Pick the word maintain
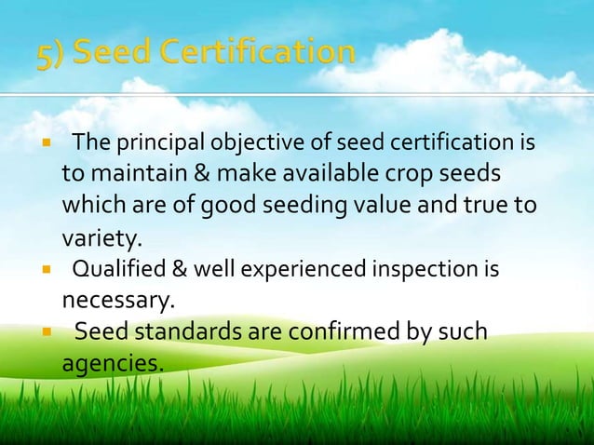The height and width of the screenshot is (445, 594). (130, 174)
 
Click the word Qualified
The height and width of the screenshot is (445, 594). (117, 270)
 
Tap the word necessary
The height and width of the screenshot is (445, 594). (105, 301)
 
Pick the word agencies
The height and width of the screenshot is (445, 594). (111, 361)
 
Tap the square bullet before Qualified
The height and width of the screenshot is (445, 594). (44, 271)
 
